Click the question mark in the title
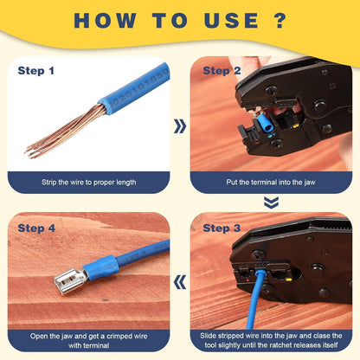[279, 20]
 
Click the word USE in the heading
[231, 21]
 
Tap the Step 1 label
[35, 71]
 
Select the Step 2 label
[222, 71]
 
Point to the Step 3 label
[222, 228]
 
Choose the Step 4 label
[36, 228]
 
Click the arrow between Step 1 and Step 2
[180, 126]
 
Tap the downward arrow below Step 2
[271, 202]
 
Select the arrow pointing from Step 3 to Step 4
[180, 282]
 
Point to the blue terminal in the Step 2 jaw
[266, 124]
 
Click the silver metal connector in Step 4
[70, 280]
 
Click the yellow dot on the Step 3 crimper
[288, 279]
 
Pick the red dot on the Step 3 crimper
[247, 280]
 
